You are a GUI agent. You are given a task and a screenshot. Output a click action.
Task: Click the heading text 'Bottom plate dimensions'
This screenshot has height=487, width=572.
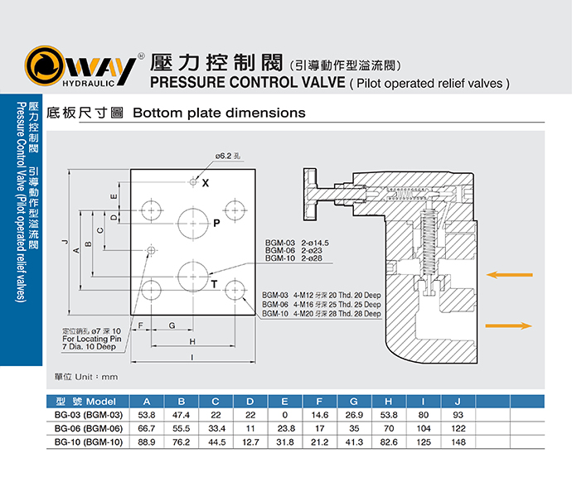pyautogui.click(x=219, y=113)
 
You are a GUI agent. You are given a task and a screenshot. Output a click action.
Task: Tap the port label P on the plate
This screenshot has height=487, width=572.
pyautogui.click(x=216, y=223)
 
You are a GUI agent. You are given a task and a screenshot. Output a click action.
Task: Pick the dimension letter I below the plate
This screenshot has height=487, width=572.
pyautogui.click(x=192, y=357)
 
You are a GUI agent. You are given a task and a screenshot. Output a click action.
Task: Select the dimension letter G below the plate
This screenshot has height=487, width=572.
pyautogui.click(x=171, y=325)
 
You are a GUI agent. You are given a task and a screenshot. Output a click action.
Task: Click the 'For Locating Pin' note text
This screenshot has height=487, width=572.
pyautogui.click(x=92, y=338)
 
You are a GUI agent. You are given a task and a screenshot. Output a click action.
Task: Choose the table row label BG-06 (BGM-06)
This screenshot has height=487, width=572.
pyautogui.click(x=88, y=428)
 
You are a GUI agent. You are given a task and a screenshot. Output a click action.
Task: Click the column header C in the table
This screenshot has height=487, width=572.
pyautogui.click(x=215, y=402)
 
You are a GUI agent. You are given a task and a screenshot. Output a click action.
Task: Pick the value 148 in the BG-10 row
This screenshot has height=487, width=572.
pyautogui.click(x=458, y=442)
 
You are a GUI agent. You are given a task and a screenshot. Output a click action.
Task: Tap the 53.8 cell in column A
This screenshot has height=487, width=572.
pyautogui.click(x=147, y=415)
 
